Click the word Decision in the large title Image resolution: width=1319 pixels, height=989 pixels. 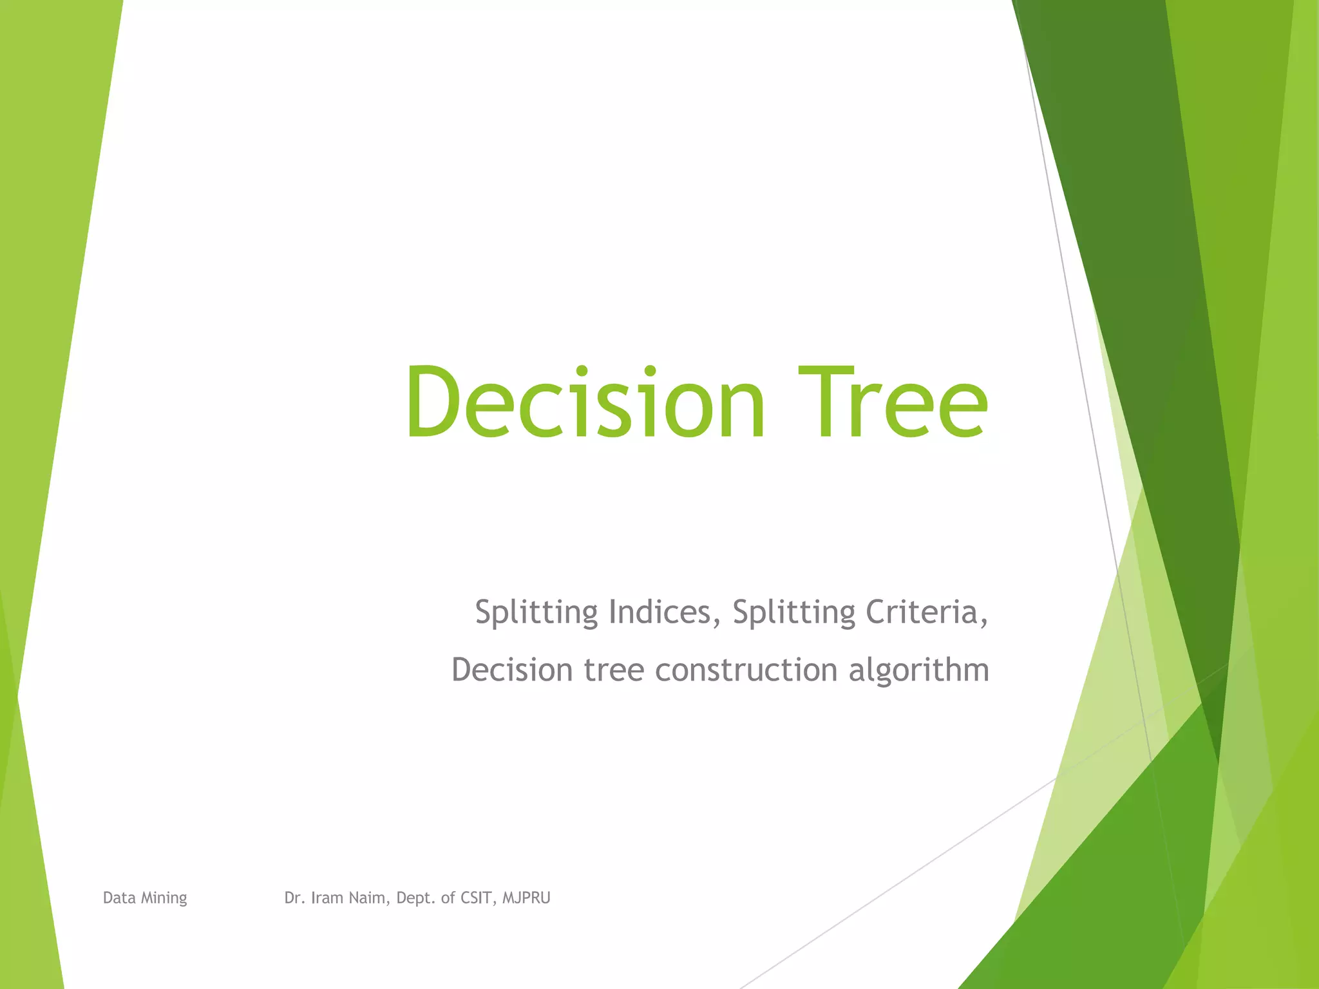585,402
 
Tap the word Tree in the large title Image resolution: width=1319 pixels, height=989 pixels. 892,402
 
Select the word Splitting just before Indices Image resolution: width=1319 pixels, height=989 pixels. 536,612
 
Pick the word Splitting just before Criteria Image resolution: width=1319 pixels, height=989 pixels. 794,612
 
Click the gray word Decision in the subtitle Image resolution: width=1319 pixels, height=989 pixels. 512,670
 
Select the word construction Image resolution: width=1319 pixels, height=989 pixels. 746,670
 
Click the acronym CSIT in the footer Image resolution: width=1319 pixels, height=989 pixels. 479,898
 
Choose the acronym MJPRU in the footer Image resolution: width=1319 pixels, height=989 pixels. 526,898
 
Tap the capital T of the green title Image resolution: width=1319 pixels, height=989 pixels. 826,402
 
